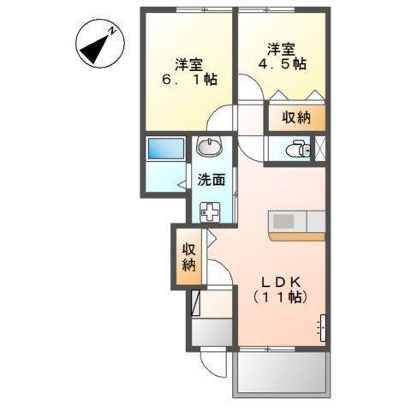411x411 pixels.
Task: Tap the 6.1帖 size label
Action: [x=190, y=80]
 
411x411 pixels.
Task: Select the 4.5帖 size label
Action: [x=283, y=64]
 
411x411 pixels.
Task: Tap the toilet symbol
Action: [x=296, y=150]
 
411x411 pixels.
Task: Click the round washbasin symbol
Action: [x=209, y=146]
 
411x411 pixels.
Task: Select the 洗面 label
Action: [x=211, y=180]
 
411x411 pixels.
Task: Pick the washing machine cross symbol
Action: [x=210, y=211]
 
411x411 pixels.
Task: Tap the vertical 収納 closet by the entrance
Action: [x=188, y=256]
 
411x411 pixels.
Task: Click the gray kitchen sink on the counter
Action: [x=283, y=222]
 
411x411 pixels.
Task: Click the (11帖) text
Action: [x=278, y=298]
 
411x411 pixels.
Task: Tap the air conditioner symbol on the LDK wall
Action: [x=323, y=326]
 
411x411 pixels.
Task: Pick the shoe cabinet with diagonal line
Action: [x=196, y=303]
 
